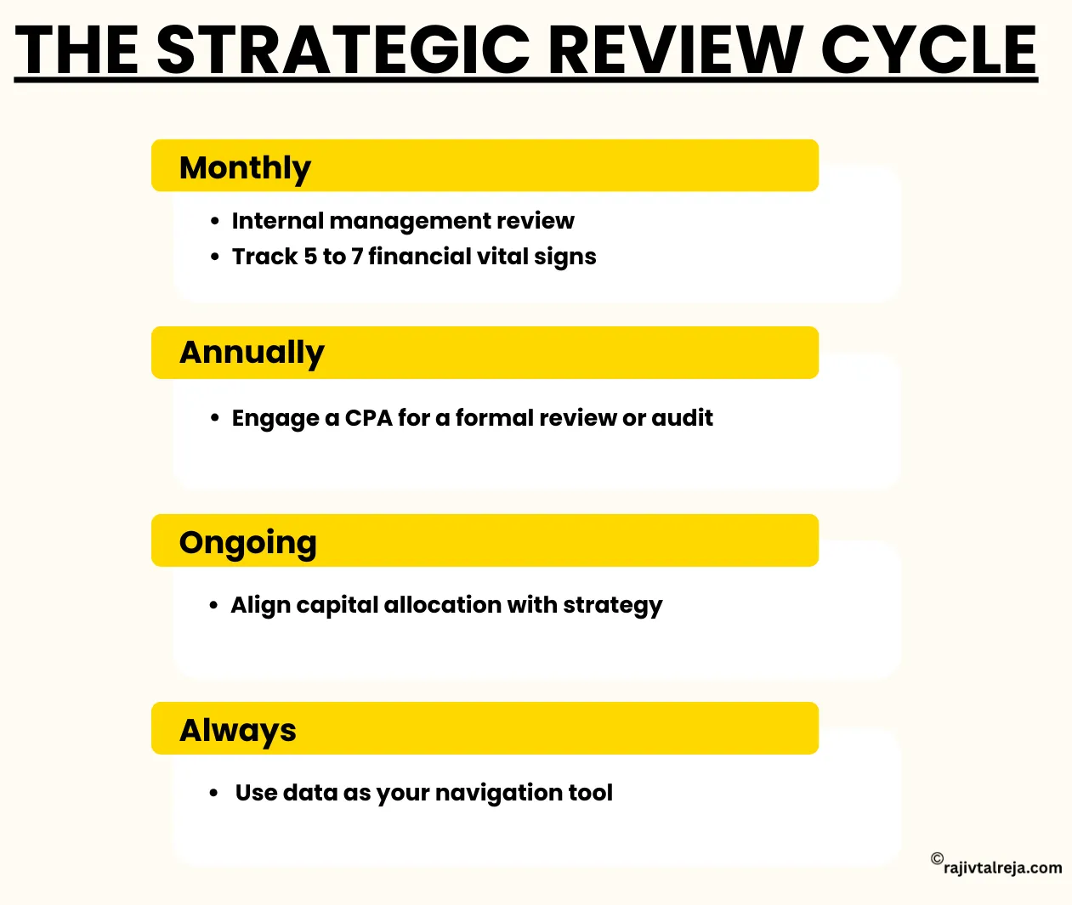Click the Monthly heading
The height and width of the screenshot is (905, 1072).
pos(245,168)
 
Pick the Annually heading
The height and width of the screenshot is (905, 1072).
pos(252,353)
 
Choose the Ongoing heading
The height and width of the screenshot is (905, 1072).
pos(247,543)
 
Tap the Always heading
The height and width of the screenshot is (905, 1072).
pos(238,731)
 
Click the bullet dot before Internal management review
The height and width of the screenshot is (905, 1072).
pos(215,221)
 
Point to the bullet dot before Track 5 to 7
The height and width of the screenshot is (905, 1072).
pos(215,257)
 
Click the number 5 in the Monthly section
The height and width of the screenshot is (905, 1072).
pos(310,257)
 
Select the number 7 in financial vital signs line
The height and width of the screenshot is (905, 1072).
pos(357,257)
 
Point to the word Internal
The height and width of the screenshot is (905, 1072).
pos(277,221)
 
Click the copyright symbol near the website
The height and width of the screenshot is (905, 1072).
pos(937,858)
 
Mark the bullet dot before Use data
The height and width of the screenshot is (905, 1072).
pos(214,793)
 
